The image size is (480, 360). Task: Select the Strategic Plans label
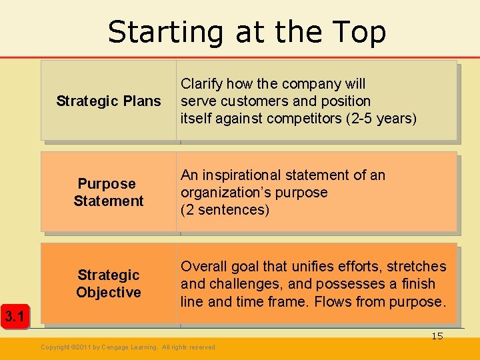109,101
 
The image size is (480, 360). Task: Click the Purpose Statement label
108,192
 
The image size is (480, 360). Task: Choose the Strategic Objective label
108,283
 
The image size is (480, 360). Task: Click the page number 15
437,336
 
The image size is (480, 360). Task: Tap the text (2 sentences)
225,210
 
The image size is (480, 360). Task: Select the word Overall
205,267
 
